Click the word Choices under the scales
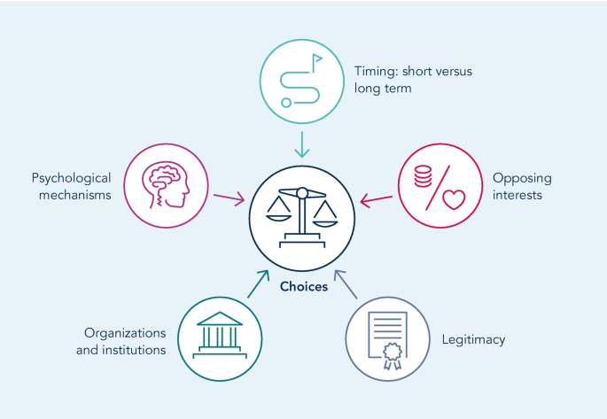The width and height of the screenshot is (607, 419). click(304, 286)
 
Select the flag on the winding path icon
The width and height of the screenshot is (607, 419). click(317, 59)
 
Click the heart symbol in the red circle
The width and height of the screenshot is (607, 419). click(455, 200)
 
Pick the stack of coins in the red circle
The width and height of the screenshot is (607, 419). click(422, 177)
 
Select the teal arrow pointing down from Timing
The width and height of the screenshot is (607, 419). click(302, 144)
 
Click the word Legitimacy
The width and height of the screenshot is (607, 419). click(473, 339)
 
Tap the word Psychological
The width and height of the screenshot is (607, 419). click(71, 176)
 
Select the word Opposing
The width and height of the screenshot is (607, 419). click(517, 176)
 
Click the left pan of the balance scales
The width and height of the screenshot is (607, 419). click(280, 213)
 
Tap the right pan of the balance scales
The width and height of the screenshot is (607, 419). click(325, 213)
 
